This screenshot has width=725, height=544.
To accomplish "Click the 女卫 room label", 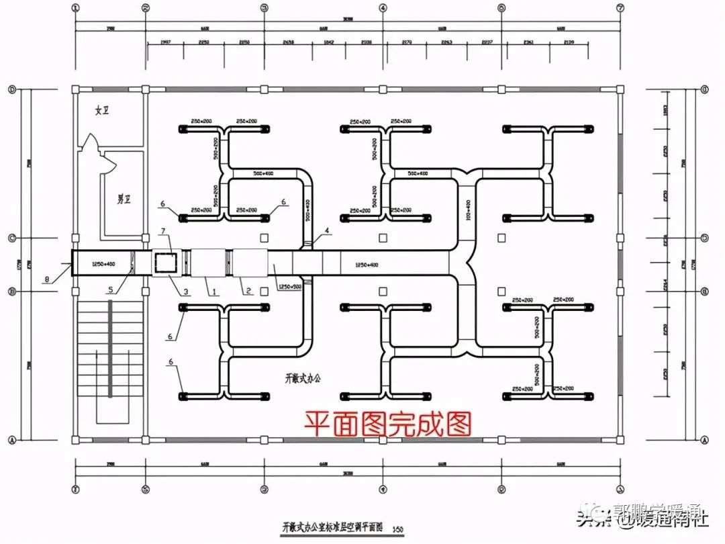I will point(102,111).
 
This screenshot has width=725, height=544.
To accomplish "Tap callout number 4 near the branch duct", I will point(327,232).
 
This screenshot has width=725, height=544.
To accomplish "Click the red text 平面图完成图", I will point(388,423).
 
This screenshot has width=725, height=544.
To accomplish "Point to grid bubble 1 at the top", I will point(75,8).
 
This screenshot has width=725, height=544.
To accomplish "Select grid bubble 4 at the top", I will point(383,8).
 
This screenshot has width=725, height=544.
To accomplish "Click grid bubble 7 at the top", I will point(620,8).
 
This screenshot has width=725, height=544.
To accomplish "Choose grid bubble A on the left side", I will point(11,440).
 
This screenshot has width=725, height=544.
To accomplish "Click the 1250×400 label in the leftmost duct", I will point(103,264).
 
